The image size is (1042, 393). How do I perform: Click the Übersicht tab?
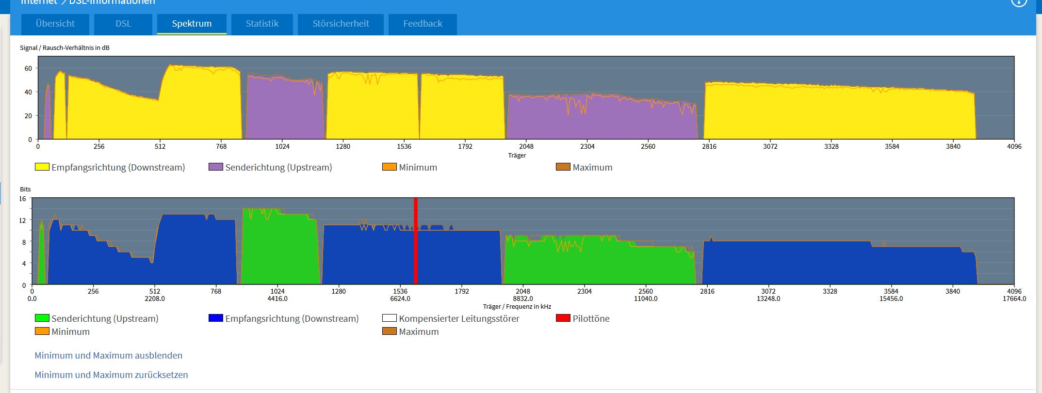tap(55, 24)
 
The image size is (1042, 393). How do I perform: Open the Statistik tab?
tap(262, 24)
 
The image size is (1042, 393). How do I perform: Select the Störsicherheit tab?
tap(341, 24)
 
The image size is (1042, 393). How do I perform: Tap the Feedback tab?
tap(423, 24)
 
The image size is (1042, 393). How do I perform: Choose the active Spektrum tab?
tap(192, 24)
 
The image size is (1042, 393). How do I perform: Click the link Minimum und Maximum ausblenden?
tap(109, 355)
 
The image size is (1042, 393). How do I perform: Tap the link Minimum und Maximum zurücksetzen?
tap(111, 375)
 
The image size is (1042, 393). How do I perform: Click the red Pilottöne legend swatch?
tap(563, 318)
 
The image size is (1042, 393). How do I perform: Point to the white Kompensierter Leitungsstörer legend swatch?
tap(390, 318)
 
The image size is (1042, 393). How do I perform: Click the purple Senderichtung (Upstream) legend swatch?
tap(215, 167)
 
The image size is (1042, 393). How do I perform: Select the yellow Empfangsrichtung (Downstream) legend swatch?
tap(42, 167)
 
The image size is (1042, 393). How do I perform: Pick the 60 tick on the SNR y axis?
tap(28, 68)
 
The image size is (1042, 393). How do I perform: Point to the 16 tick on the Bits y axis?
tap(22, 199)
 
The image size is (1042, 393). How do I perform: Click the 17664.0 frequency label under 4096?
tap(1014, 299)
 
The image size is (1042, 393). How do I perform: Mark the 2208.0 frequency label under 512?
tap(155, 299)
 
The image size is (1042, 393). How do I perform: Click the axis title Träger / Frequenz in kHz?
tap(517, 306)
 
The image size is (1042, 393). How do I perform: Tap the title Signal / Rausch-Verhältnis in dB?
tap(65, 47)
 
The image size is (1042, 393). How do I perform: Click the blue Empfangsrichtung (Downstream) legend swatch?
tap(215, 318)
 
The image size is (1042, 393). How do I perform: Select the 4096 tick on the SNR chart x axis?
tap(1014, 146)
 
